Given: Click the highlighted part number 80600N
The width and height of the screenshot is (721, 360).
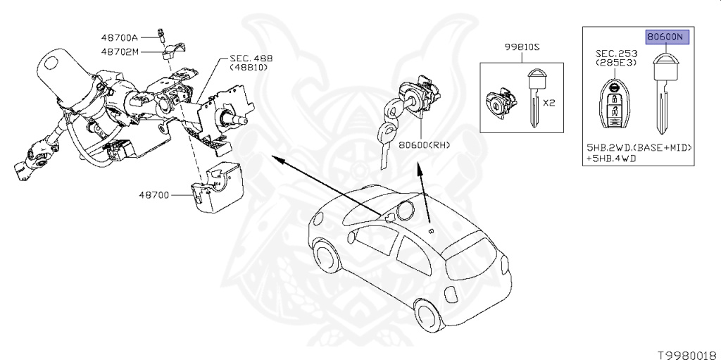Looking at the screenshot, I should click(665, 37).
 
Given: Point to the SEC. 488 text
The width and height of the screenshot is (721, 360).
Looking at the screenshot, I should click(251, 58).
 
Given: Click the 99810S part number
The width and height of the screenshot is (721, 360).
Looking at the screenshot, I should click(521, 48).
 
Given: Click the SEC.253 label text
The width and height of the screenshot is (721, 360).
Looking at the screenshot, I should click(615, 54).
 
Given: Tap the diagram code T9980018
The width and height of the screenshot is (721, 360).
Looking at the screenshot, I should click(687, 350).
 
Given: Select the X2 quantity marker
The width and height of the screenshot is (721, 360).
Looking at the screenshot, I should click(550, 102).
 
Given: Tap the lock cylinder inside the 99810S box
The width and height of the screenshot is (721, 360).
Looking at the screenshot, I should click(499, 104).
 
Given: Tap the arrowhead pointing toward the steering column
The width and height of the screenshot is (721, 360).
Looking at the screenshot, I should click(275, 161).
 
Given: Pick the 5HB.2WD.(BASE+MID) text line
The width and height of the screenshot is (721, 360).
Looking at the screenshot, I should click(640, 148).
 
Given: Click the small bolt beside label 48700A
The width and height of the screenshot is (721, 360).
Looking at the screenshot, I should click(163, 33).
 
